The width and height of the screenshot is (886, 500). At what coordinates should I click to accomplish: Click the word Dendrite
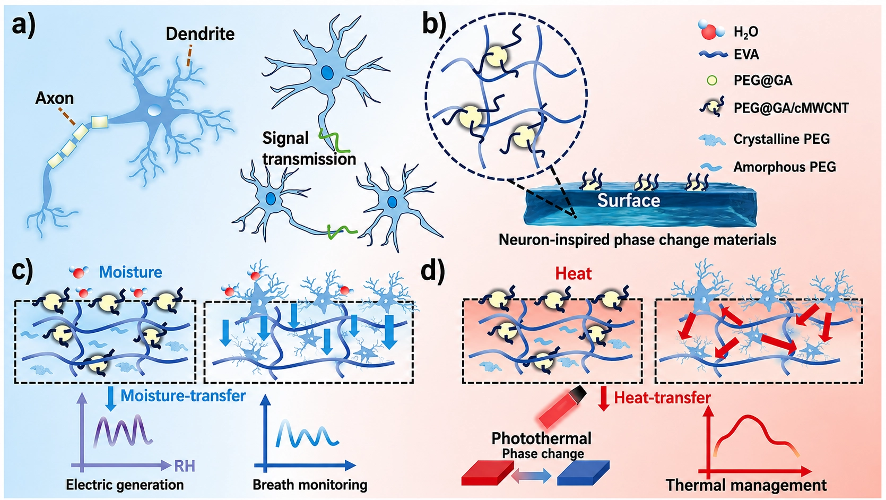pos(200,34)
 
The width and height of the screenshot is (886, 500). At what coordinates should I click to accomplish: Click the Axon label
pos(55,98)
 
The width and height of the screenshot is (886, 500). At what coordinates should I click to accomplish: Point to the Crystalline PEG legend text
pos(781,139)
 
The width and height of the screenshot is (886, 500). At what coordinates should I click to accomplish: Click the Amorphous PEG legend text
pos(785,167)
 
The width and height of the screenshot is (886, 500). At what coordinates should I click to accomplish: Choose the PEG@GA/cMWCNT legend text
pos(791,108)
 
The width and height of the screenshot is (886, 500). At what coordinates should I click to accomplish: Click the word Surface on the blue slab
pos(629,200)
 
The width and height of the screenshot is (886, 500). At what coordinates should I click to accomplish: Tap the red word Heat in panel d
pos(573,273)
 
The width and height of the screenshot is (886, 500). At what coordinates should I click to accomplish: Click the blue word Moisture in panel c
pos(130,272)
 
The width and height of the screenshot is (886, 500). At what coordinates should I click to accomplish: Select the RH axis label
pos(185,466)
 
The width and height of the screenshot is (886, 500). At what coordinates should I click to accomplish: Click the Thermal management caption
pos(746,485)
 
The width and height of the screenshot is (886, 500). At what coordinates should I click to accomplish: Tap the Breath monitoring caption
pos(310,485)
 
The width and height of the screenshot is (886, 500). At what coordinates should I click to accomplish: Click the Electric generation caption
pos(125,485)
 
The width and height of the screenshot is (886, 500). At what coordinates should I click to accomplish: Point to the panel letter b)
pos(434,25)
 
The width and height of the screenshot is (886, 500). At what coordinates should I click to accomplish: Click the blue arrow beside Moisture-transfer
pos(110,399)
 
